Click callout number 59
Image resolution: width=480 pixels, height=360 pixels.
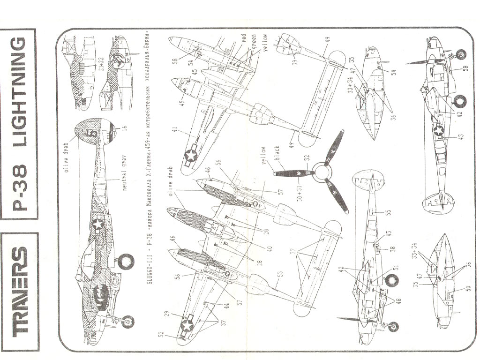(x=295, y=60)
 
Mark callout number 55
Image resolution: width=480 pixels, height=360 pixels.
(x=388, y=212)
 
